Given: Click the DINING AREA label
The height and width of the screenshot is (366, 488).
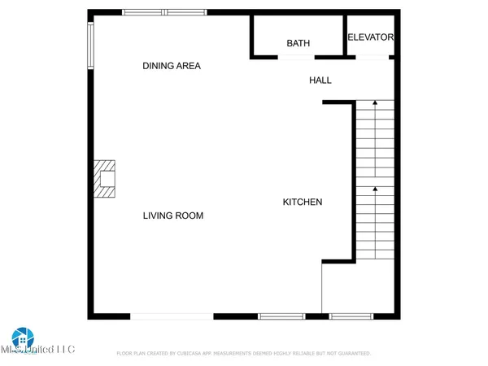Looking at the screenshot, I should (172, 66).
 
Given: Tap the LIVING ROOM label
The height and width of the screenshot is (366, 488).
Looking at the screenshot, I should (173, 216).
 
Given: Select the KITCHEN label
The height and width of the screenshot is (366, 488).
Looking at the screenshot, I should (303, 202).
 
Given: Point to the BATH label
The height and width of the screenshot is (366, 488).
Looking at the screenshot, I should (298, 43).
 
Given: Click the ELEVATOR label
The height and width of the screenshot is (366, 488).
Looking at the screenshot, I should (371, 37).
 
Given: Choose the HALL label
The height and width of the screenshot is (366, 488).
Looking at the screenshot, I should (320, 80).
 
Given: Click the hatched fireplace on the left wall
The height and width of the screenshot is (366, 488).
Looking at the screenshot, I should (105, 178).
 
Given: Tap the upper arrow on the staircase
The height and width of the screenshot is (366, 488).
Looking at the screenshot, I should (375, 104).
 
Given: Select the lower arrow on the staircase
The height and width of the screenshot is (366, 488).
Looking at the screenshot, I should (375, 190).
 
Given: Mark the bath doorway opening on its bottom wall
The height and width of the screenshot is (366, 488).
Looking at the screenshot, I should (296, 57).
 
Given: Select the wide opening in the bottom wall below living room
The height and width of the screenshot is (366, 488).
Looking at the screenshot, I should (172, 316).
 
